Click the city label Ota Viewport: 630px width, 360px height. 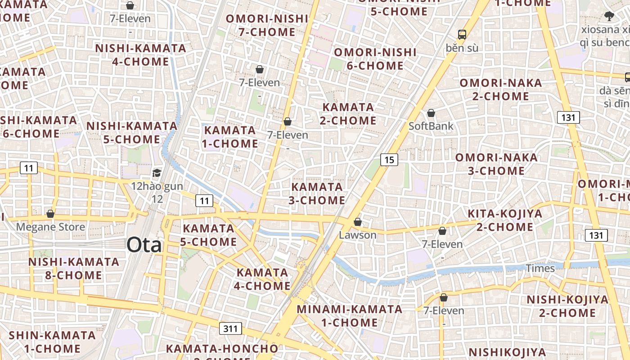(x=144, y=245)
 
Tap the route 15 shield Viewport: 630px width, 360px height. (x=389, y=159)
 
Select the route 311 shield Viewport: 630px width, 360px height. (x=230, y=328)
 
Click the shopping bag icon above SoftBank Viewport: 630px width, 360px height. (x=431, y=113)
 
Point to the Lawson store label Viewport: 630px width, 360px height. (x=358, y=235)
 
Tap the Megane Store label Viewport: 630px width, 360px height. (x=50, y=227)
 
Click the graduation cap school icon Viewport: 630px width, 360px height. (x=157, y=173)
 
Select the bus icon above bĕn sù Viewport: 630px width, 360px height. (x=462, y=34)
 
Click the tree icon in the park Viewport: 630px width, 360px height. (x=609, y=17)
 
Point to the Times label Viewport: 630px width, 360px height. (x=540, y=268)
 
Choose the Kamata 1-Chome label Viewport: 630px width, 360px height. (x=230, y=137)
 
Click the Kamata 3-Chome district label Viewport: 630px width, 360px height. (x=317, y=193)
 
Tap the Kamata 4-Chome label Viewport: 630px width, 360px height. (x=263, y=279)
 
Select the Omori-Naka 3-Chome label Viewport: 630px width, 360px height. (x=496, y=164)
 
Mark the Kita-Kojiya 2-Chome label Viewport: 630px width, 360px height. (x=505, y=220)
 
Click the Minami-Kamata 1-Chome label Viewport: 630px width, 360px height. (x=350, y=316)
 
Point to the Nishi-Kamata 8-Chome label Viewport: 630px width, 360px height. (x=74, y=268)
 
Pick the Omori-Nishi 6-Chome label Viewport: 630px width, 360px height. (x=375, y=59)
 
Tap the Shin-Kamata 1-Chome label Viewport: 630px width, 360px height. (x=52, y=342)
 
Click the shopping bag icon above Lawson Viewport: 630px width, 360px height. (x=358, y=222)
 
